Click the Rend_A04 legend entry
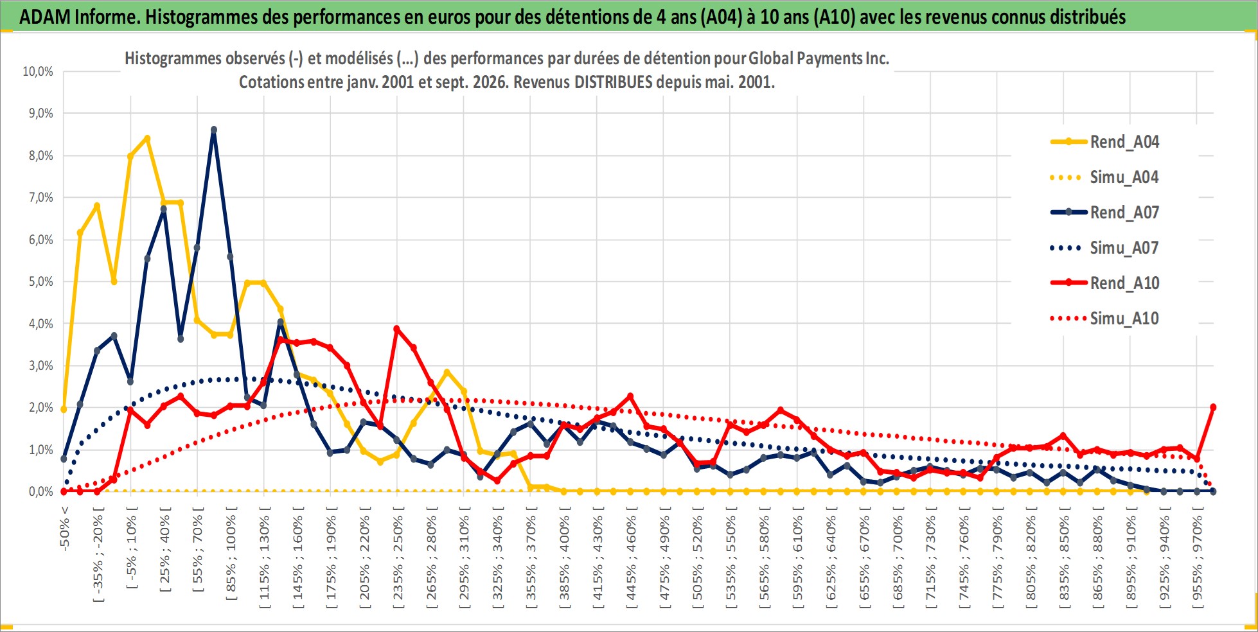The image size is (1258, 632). click(1105, 142)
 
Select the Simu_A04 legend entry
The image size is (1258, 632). click(1105, 177)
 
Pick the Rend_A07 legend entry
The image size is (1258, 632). click(1105, 213)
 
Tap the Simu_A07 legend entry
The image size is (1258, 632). click(1105, 248)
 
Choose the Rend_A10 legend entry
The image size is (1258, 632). click(1105, 283)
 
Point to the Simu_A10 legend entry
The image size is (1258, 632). click(1105, 319)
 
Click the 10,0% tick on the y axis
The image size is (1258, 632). click(38, 71)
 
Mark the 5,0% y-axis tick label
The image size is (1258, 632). click(40, 281)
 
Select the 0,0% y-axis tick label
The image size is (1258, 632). click(40, 491)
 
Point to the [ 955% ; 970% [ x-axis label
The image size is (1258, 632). click(1197, 556)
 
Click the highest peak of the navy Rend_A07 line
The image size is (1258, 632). click(214, 130)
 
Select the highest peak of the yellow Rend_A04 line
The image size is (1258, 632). click(147, 138)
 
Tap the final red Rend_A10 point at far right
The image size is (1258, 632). click(1213, 407)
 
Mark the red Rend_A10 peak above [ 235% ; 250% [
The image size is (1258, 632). click(397, 329)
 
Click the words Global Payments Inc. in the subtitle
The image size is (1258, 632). click(819, 58)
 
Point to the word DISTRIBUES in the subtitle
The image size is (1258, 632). click(613, 82)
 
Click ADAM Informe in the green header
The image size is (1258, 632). click(79, 17)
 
